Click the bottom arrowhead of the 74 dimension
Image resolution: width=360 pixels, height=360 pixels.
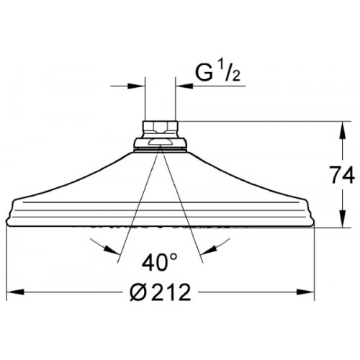[339, 222]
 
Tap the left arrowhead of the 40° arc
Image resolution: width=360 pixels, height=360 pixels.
[109, 251]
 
